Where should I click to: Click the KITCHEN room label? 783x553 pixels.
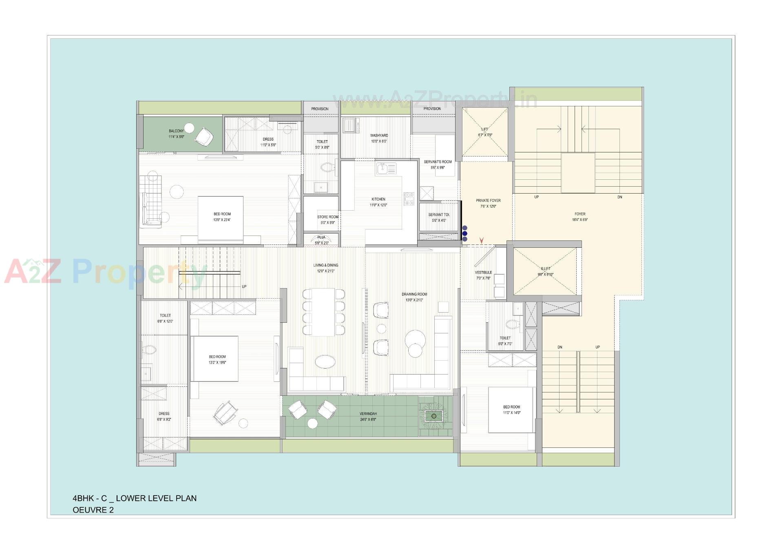pos(378,199)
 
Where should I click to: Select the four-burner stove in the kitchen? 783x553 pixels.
pos(409,198)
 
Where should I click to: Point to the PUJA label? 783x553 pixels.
pos(321,237)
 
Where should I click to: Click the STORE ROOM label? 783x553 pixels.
pos(327,217)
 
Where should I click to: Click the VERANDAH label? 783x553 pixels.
pos(368,414)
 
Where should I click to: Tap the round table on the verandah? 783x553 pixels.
pos(312,423)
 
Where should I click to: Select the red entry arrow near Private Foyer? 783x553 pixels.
pos(482,240)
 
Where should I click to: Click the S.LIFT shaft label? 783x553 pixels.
pos(546,269)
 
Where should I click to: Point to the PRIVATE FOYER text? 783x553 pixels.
pos(488,200)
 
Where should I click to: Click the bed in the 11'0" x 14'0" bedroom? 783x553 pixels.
pos(511,410)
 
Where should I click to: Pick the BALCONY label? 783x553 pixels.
pos(176,131)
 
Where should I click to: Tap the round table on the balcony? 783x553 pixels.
pos(188,127)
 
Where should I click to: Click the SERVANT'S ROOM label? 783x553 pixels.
pos(438,162)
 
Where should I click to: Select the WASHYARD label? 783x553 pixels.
pos(379,135)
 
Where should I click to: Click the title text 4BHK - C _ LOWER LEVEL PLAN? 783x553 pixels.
pos(135,498)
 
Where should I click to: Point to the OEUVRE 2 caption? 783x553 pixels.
pos(93,510)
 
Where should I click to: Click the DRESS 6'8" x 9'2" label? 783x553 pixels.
pos(164,414)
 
